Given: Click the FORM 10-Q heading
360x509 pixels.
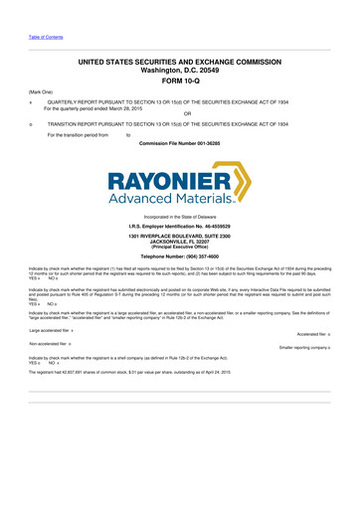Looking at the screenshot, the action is coord(179,83).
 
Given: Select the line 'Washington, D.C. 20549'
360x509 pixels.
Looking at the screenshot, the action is coord(179,71).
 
